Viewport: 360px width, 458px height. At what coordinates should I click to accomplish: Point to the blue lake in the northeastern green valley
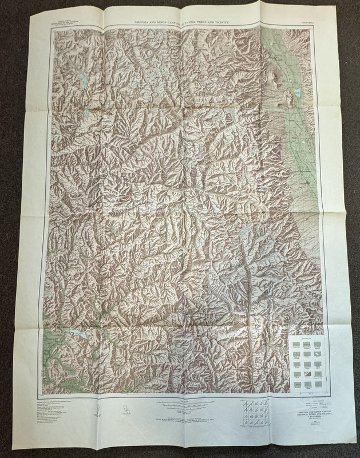[x=298, y=92]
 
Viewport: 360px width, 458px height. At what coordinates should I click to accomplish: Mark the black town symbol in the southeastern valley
[x=309, y=182]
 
